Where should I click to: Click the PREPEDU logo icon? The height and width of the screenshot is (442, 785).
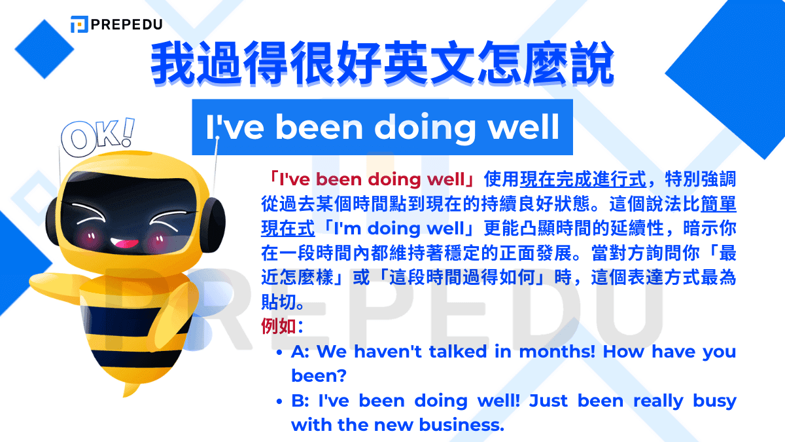coord(79,24)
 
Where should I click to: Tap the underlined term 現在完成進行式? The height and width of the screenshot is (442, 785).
coord(583,179)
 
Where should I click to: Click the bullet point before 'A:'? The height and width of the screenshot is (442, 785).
coord(279,352)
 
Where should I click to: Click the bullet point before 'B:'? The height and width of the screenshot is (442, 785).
coord(279,401)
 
